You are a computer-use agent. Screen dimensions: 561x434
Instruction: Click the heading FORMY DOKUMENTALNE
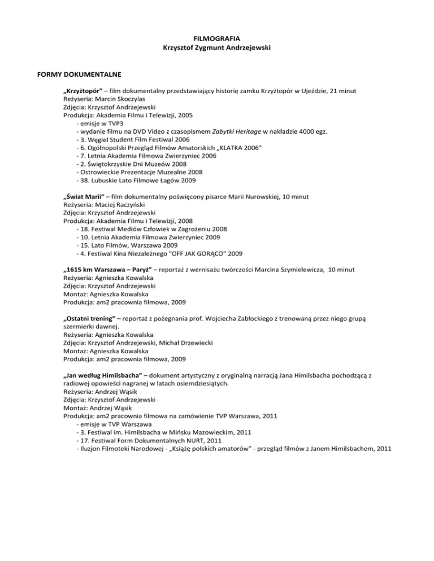53,73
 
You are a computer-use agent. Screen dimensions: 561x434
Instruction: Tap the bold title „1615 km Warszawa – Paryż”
111,270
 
